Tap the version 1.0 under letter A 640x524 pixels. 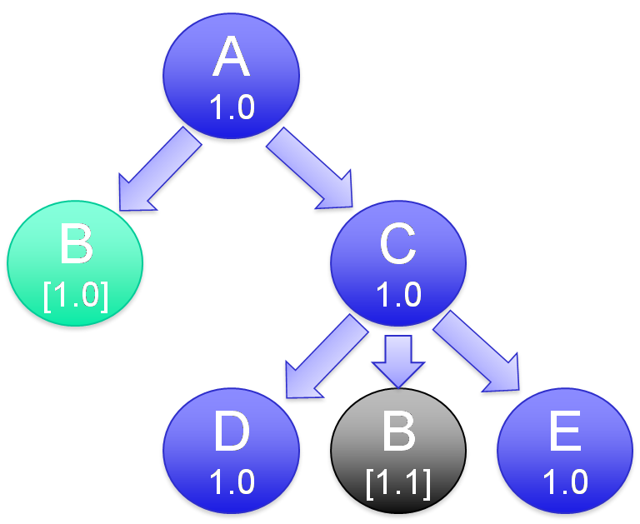tap(231, 107)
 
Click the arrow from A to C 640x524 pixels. tap(307, 166)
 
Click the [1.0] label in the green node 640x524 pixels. tap(76, 295)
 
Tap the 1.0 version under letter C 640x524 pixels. tap(398, 294)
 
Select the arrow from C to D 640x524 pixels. tap(326, 359)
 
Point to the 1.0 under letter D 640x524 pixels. tap(231, 482)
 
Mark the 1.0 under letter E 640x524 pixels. tap(565, 482)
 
